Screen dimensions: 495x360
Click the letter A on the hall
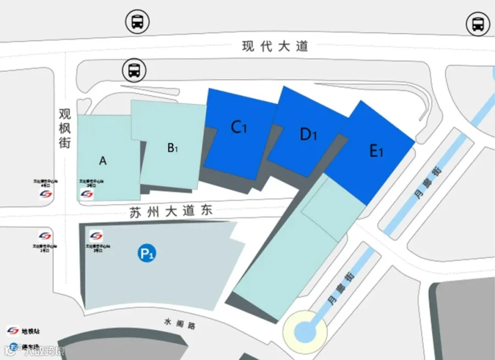tap(102, 161)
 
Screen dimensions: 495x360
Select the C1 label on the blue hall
tap(239, 127)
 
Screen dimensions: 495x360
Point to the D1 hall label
tap(309, 134)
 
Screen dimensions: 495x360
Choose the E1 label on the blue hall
tap(376, 150)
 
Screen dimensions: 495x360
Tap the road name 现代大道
tap(275, 47)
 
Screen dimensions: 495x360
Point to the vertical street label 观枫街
tap(65, 127)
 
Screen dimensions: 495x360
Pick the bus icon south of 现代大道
tap(133, 70)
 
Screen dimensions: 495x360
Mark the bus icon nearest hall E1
tap(477, 24)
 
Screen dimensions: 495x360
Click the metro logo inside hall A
tap(87, 194)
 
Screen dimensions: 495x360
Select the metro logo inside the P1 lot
tap(96, 236)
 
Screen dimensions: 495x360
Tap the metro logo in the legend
tap(13, 331)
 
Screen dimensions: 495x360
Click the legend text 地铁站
tap(31, 331)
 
